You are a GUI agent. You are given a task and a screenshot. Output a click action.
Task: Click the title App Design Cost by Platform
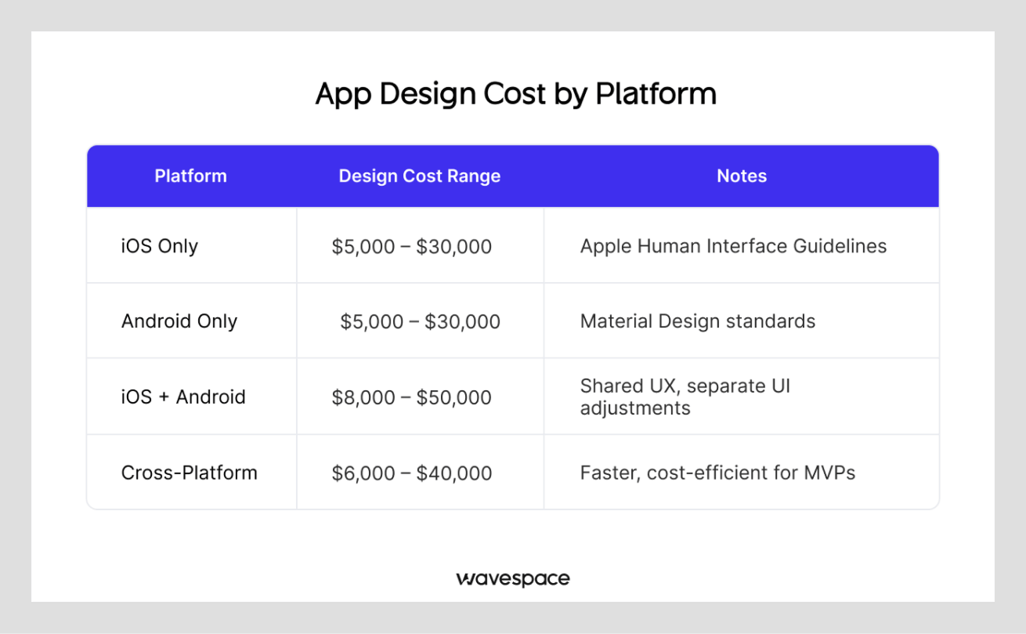pos(515,94)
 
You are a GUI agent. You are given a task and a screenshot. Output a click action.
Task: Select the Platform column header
pos(190,176)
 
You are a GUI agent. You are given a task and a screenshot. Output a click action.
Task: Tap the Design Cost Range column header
pos(419,176)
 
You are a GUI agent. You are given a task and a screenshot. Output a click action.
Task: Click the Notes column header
pos(741,176)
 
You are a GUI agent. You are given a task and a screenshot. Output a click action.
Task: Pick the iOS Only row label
pos(159,246)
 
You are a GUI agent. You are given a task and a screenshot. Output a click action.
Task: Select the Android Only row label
pos(179,321)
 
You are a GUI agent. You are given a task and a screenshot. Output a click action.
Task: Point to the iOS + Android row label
pos(183,397)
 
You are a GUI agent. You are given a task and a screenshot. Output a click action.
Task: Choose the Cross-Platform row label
pos(189,473)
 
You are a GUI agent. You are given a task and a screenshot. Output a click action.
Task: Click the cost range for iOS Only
pos(411,247)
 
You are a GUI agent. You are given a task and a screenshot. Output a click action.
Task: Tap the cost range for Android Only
pos(420,321)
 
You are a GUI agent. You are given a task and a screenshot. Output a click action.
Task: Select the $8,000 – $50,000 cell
pos(411,397)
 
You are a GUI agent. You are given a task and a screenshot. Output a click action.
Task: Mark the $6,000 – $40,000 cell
pos(411,473)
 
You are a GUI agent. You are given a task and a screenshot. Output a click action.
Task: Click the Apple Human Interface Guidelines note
pos(733,246)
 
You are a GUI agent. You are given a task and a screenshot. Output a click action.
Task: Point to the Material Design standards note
pos(697,321)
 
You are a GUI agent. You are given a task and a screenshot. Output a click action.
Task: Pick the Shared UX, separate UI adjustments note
pos(685,397)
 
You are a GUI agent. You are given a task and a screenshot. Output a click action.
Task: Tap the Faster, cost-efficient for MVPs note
pos(717,473)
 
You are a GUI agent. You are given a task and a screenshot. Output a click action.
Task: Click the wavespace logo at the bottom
pos(513,579)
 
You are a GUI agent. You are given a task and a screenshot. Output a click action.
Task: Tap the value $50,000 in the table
pos(453,397)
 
